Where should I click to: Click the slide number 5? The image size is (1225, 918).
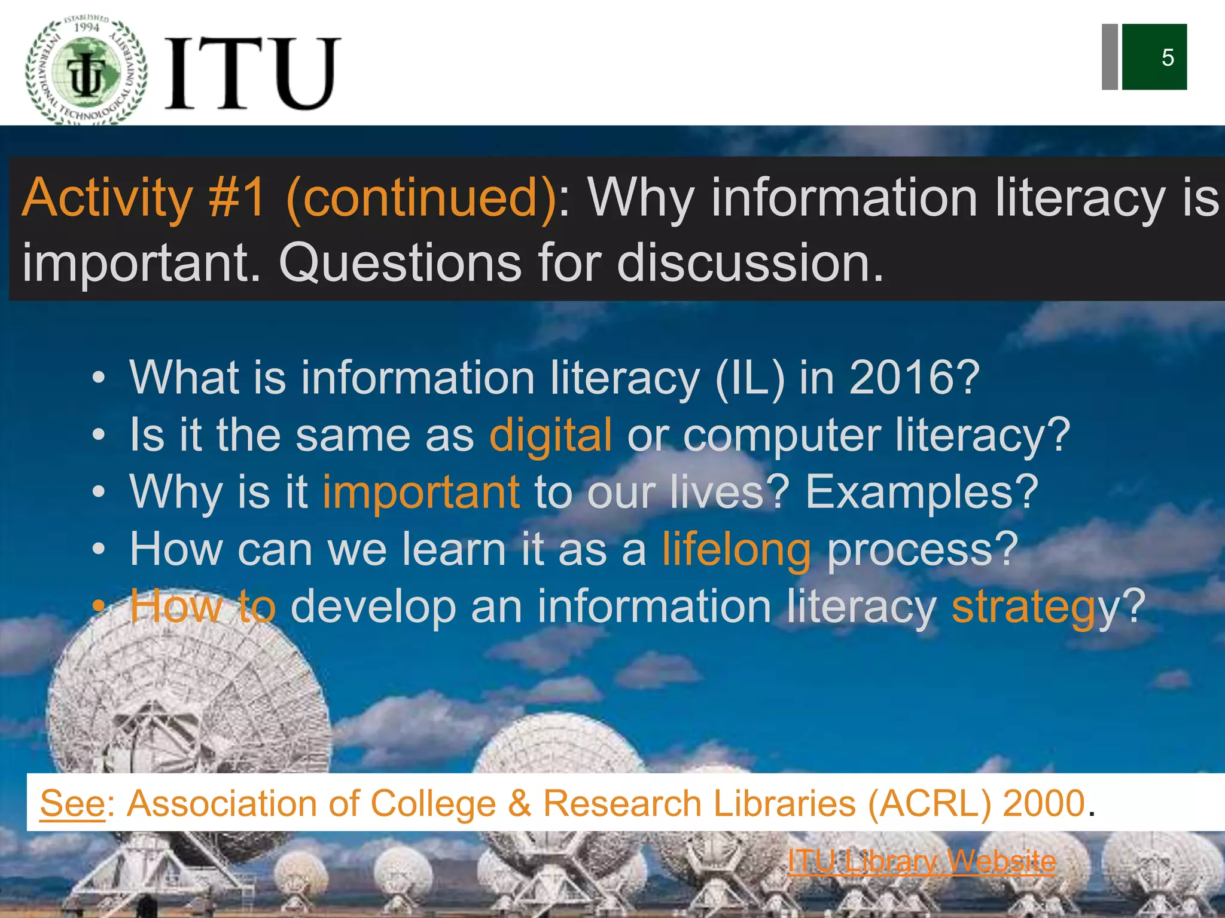[x=1168, y=57]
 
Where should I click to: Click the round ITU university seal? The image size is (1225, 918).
[x=87, y=72]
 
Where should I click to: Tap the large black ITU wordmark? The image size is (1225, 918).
[x=251, y=73]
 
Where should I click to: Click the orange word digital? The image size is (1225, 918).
[x=550, y=434]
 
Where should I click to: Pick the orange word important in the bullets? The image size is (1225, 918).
[x=421, y=492]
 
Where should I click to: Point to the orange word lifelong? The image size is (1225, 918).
[x=736, y=549]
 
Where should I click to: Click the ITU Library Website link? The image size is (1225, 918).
[x=922, y=861]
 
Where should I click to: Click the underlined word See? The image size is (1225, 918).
[x=72, y=803]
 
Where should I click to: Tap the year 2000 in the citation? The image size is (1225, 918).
[x=1044, y=803]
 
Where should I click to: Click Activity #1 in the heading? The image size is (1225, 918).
[x=144, y=198]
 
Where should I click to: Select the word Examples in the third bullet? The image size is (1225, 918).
[x=915, y=492]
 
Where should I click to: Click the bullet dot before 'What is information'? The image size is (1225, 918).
[x=99, y=378]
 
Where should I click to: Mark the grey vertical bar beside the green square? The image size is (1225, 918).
[x=1110, y=57]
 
